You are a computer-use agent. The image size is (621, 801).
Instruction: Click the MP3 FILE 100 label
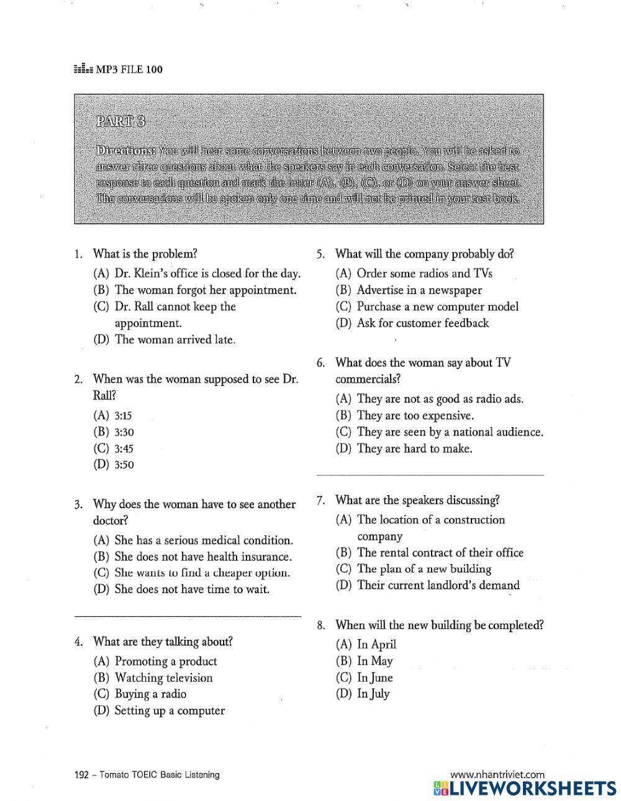click(x=128, y=69)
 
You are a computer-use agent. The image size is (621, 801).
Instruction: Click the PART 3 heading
click(x=120, y=121)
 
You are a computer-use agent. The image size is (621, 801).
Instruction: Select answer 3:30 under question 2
click(x=124, y=432)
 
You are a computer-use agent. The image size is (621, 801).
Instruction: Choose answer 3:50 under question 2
click(x=124, y=465)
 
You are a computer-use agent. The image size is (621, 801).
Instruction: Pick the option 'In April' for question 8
click(x=376, y=645)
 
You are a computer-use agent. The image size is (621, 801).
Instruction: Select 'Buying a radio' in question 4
click(x=150, y=694)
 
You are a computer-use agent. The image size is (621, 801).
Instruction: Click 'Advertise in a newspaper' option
click(x=419, y=290)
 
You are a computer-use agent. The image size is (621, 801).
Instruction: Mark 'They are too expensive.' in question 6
click(x=415, y=416)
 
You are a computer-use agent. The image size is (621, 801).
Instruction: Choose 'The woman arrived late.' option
click(x=175, y=339)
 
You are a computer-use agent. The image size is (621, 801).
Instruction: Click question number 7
click(x=320, y=500)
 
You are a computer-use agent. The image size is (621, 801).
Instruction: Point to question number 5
click(x=320, y=254)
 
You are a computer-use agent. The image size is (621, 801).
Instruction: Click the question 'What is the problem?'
click(x=145, y=254)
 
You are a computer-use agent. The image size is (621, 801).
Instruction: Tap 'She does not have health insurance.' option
click(x=202, y=557)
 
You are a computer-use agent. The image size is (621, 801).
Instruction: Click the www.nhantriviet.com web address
click(x=497, y=774)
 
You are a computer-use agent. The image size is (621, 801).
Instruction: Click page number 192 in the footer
click(x=81, y=774)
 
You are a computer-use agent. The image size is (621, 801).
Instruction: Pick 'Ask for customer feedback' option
click(x=422, y=323)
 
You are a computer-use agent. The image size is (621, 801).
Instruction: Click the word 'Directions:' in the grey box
click(x=125, y=151)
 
